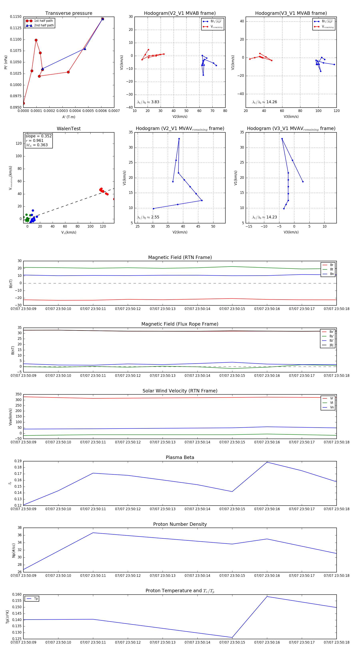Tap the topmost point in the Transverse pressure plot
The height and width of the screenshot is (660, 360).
(102, 19)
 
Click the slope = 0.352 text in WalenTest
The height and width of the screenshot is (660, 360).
(38, 136)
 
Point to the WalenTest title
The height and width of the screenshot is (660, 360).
(69, 129)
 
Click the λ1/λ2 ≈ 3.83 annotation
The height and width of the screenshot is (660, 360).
(148, 102)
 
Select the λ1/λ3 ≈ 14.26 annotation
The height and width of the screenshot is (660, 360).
(264, 102)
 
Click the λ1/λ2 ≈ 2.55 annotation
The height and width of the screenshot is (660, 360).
(148, 217)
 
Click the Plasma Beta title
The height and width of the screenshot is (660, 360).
(180, 457)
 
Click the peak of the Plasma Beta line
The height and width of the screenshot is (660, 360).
(267, 462)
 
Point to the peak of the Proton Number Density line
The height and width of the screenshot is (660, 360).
(93, 533)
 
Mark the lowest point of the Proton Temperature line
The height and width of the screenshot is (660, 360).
(232, 637)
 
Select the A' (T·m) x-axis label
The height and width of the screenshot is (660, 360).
(69, 117)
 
